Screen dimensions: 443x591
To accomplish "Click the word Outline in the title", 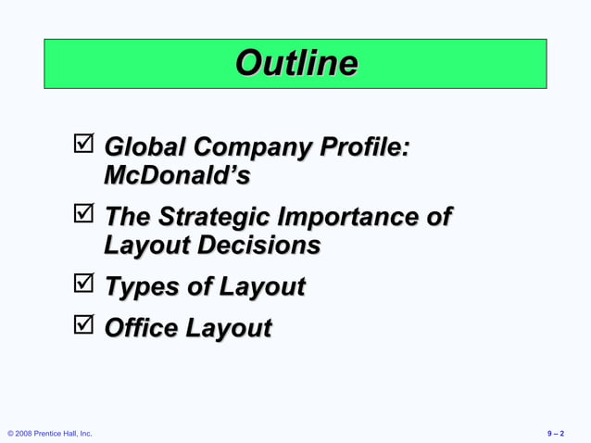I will (x=295, y=63).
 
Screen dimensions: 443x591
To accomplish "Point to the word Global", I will (x=145, y=146).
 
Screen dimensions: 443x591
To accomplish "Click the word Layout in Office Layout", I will (x=229, y=329).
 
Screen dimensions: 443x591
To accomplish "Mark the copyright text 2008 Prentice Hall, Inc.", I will (x=50, y=434).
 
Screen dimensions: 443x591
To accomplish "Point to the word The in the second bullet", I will (x=127, y=217).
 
